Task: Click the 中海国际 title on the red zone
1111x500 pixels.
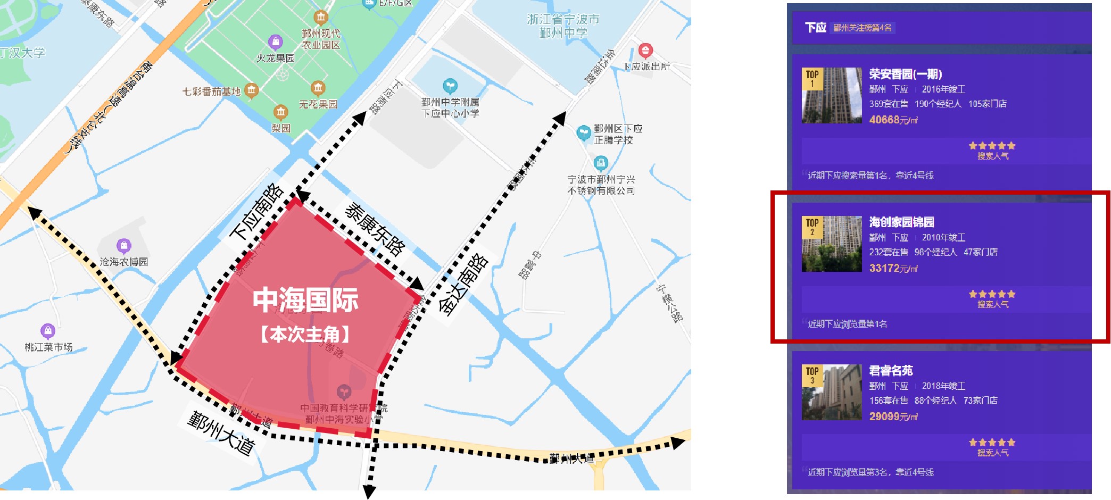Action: tap(305, 300)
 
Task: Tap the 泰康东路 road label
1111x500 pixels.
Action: tap(375, 228)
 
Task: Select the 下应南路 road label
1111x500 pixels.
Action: tap(256, 212)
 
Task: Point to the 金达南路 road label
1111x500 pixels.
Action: tap(463, 284)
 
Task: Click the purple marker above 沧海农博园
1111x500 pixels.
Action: tap(124, 246)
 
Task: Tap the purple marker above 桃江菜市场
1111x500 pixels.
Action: tap(48, 331)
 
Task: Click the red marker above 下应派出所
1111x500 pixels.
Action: tap(645, 51)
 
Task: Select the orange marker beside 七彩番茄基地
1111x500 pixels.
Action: tap(252, 90)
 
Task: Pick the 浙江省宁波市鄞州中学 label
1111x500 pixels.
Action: tap(563, 26)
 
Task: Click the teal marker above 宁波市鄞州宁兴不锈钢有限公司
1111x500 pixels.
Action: tap(601, 162)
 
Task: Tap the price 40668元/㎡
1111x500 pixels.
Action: tap(893, 120)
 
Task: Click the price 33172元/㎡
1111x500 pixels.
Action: tap(893, 269)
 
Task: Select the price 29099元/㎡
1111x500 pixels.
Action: tap(893, 417)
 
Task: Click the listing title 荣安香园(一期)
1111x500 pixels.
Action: tap(906, 74)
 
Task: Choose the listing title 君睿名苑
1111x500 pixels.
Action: tap(891, 371)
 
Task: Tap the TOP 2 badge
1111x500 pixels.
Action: tap(812, 227)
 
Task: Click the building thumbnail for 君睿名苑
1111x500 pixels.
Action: tap(832, 393)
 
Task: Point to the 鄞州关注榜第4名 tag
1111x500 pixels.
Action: tap(863, 28)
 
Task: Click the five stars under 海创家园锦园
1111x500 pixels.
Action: tap(992, 294)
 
